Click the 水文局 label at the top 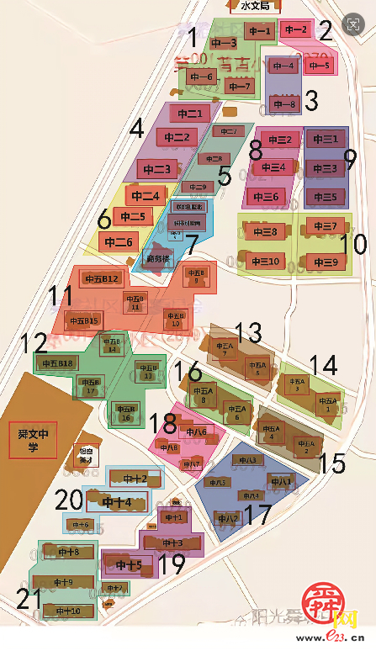pos(254,6)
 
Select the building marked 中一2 pos(296,30)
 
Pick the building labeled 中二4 pos(144,197)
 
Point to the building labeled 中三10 pos(263,261)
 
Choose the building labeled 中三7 pos(322,226)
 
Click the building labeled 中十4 pos(117,503)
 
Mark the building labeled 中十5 pos(128,564)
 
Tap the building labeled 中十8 pos(61,553)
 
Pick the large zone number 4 pos(137,129)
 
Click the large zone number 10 pos(354,244)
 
